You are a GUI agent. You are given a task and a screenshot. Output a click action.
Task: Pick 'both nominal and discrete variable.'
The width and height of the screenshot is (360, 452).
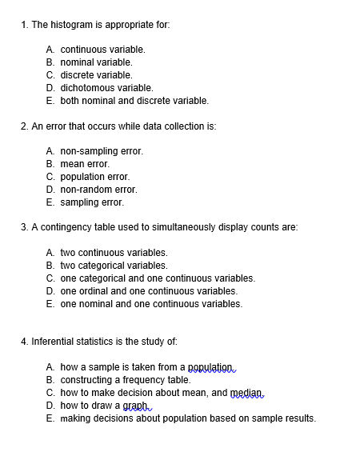click(x=134, y=100)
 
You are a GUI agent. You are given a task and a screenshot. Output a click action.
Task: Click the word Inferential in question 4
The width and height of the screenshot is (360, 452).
click(x=54, y=342)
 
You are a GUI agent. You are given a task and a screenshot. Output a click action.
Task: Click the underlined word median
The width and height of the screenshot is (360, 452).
click(x=246, y=393)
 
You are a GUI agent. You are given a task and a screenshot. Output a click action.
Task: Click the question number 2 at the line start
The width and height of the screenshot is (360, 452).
click(x=23, y=126)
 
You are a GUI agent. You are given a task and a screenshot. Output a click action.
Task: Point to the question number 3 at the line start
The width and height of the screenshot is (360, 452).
click(x=23, y=227)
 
